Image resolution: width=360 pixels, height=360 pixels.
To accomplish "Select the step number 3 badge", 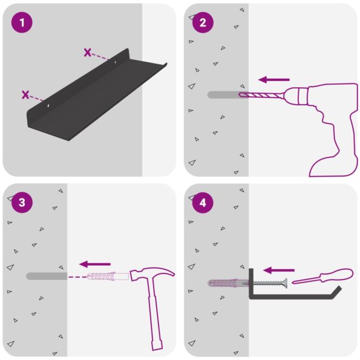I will click(22, 203).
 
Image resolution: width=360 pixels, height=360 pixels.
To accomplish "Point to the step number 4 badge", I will click(203, 203).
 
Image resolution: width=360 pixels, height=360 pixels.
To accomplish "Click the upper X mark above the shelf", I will click(88, 53).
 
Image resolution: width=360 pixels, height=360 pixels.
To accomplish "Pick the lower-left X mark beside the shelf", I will click(25, 94).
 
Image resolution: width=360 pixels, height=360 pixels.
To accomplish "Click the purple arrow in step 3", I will click(95, 264).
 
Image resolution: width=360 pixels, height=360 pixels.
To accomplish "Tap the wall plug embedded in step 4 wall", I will click(227, 283).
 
